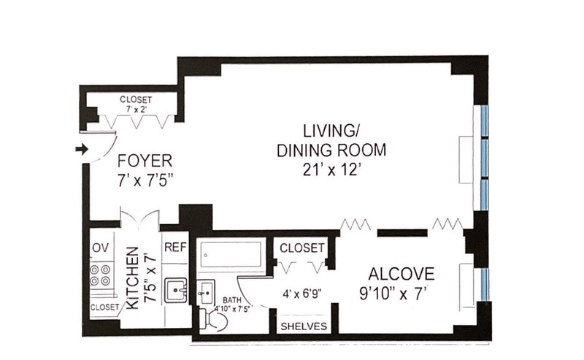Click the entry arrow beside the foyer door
[82, 150]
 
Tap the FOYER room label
[145, 161]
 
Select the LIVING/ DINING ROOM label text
[331, 140]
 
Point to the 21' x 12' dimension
[331, 170]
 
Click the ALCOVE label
[401, 274]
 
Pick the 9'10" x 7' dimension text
[393, 294]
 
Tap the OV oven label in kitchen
[101, 248]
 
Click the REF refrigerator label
[175, 247]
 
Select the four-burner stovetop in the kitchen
[100, 275]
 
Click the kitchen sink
[176, 290]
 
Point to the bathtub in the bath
[231, 254]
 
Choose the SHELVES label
[304, 326]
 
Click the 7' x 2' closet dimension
[136, 110]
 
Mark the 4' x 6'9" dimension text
[302, 294]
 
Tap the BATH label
[231, 300]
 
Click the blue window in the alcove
[484, 284]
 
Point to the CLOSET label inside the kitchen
[104, 307]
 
